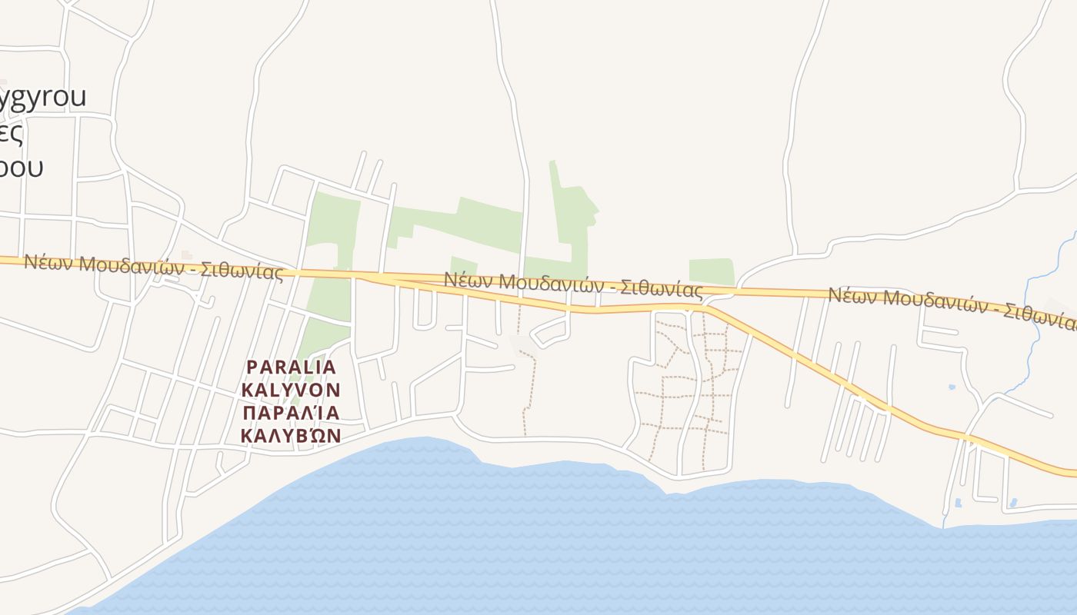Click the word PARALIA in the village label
click(x=291, y=367)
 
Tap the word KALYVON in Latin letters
click(x=291, y=390)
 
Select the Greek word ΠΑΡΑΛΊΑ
click(x=291, y=413)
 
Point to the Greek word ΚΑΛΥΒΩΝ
click(x=291, y=436)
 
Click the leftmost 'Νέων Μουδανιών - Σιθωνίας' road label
click(x=153, y=266)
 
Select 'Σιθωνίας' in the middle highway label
click(x=661, y=289)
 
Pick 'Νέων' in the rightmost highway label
click(x=851, y=296)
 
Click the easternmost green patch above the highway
click(x=711, y=271)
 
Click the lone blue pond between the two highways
click(x=952, y=387)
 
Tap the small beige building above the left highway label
click(x=187, y=254)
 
